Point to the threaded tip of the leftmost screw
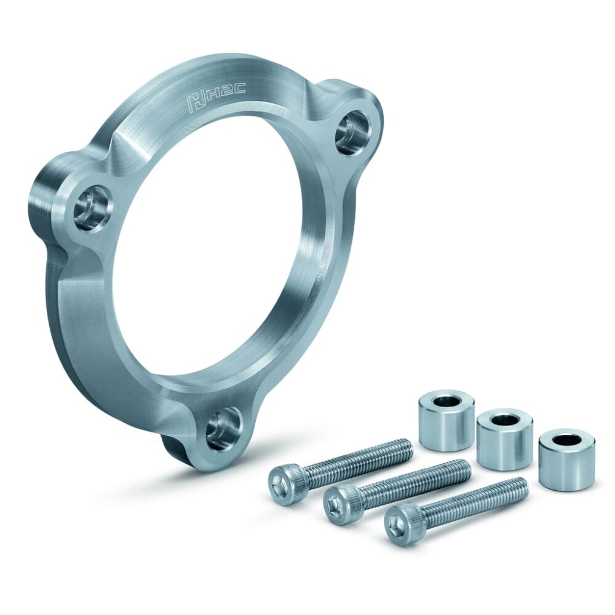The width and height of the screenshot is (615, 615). pyautogui.click(x=408, y=448)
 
